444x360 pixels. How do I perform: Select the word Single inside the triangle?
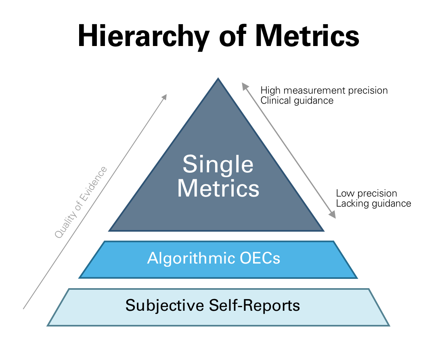point(218,165)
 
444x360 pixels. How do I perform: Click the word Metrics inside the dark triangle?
point(218,188)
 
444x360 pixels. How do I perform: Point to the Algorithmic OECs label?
point(214,258)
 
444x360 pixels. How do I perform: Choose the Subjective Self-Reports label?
point(213,305)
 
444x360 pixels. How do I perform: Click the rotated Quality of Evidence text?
point(81,202)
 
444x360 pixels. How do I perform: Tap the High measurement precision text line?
point(324,90)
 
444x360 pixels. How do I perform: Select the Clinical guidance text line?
point(297,100)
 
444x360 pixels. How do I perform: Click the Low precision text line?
point(366,193)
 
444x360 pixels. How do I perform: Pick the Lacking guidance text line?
point(373,203)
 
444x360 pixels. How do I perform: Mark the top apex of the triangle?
point(218,79)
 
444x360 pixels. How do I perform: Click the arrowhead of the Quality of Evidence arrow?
point(164,96)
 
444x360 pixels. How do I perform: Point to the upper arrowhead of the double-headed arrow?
point(244,84)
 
